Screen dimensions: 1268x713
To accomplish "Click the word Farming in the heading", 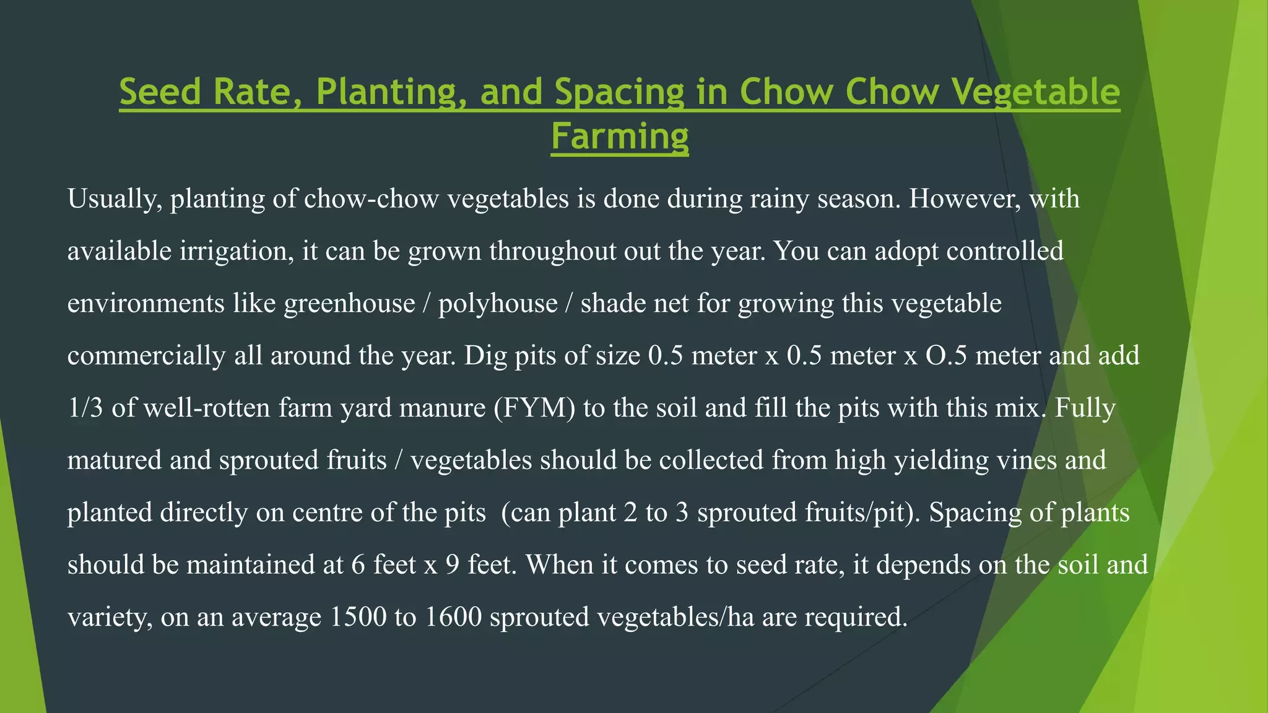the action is click(x=620, y=136).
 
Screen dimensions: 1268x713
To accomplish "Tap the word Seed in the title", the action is click(x=161, y=92).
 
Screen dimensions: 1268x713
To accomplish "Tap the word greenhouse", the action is click(x=349, y=304).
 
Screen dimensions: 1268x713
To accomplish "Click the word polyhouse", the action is click(x=498, y=304).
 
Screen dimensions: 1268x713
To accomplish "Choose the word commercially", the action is click(x=147, y=356).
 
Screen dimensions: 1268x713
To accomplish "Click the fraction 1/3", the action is click(x=85, y=408).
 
